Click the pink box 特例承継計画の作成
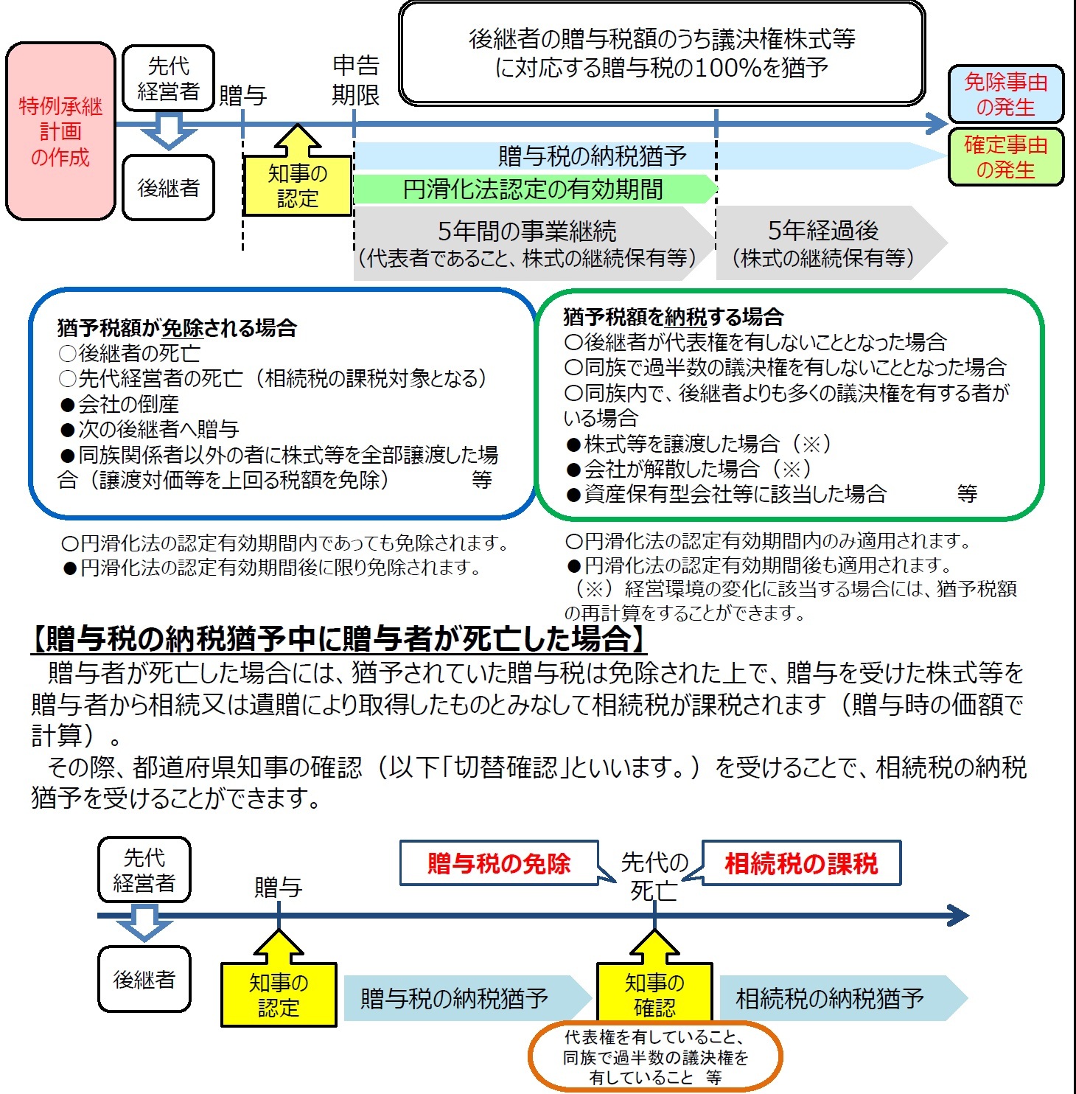point(60,131)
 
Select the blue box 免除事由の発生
point(1005,94)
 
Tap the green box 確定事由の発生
point(1005,157)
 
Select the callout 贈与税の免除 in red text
point(499,863)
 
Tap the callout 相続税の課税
point(801,863)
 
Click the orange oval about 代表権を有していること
point(654,1057)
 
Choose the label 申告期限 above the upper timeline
point(355,80)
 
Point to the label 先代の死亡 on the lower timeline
point(654,876)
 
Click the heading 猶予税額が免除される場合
point(177,328)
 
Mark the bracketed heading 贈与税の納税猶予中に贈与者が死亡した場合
point(339,639)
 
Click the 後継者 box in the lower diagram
point(144,979)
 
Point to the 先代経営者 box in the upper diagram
point(168,78)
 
